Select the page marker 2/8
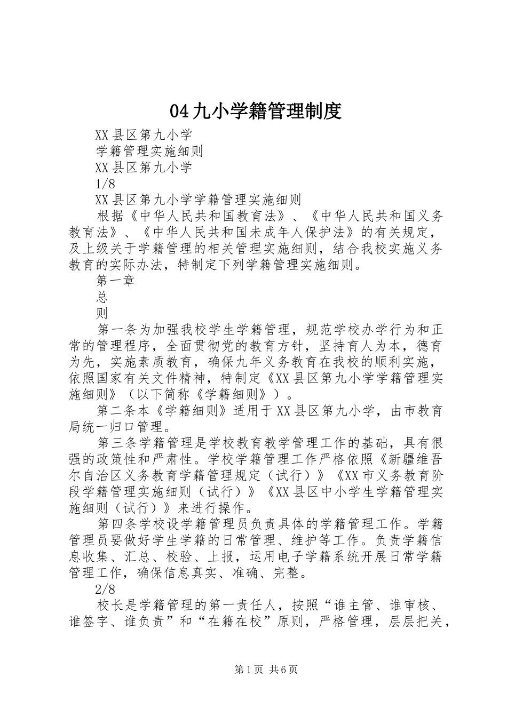105,589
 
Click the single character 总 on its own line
102,297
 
